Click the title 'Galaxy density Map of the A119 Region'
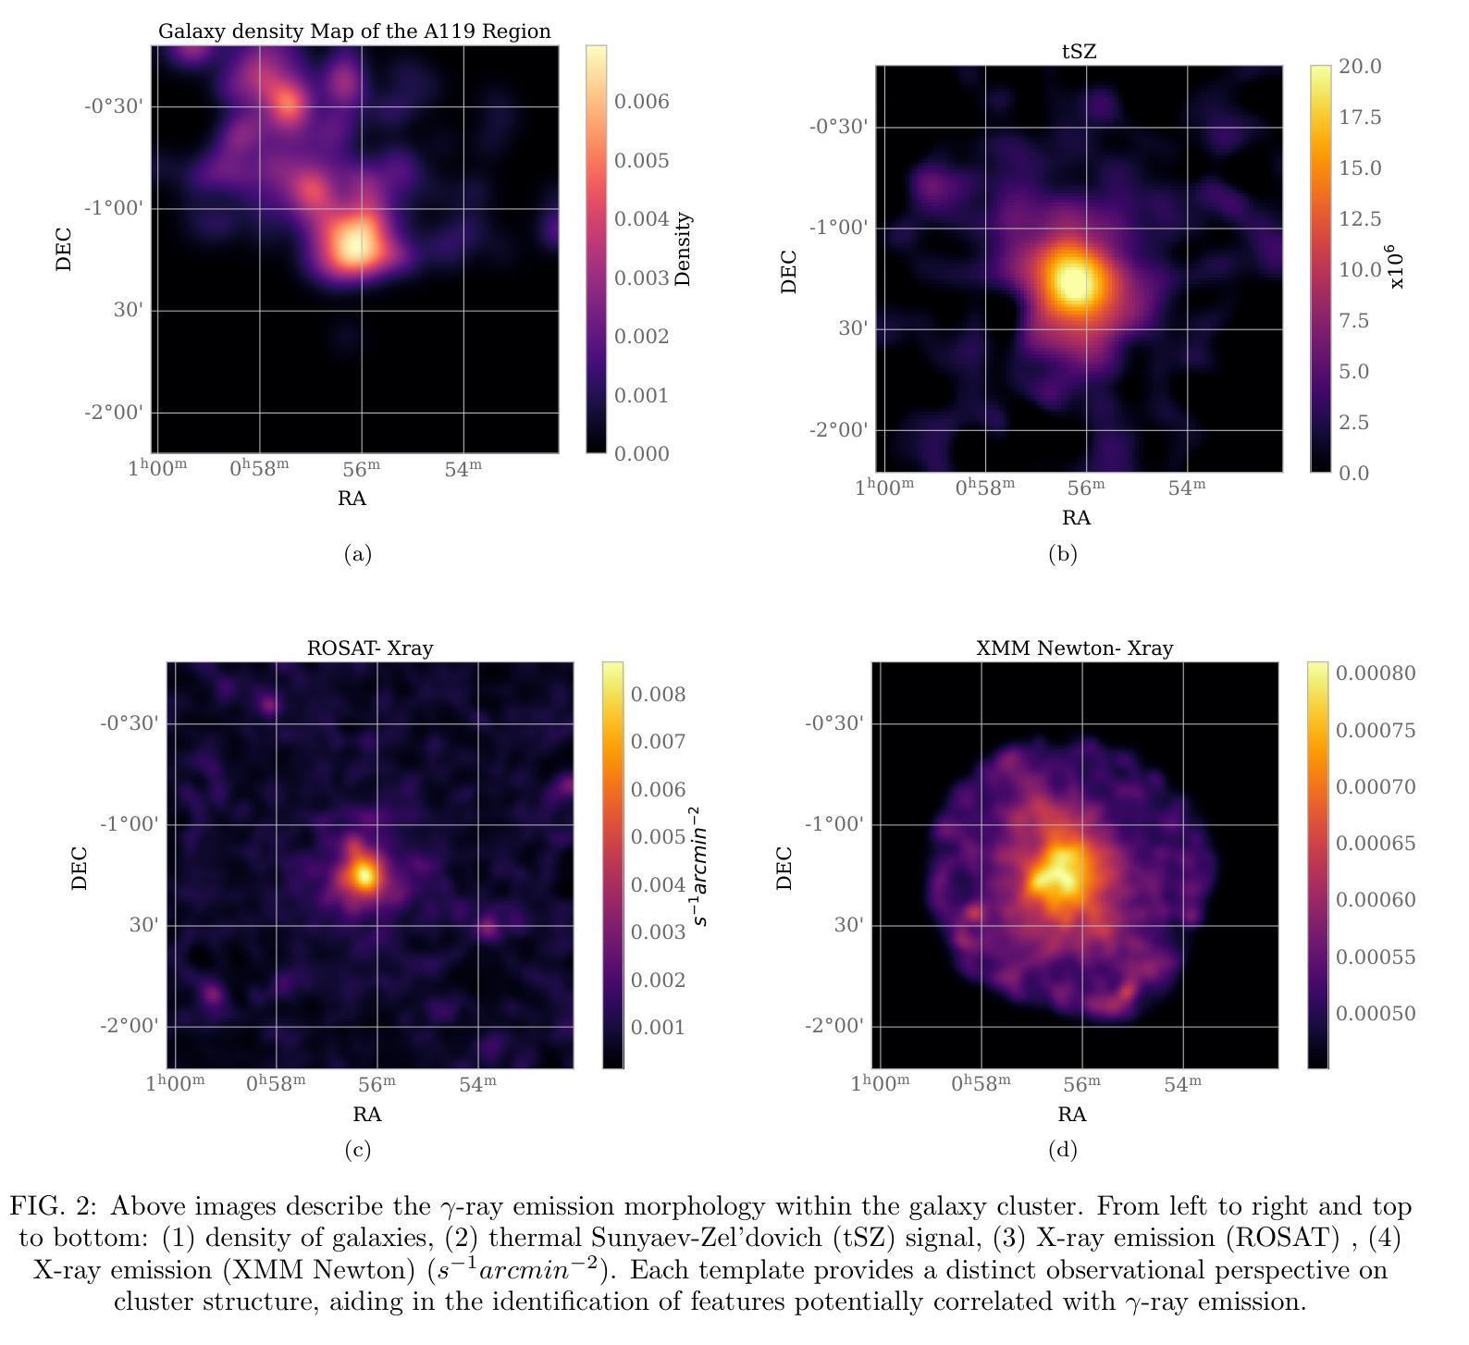[x=354, y=31]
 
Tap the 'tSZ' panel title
[x=1079, y=52]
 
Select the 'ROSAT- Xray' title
[x=369, y=648]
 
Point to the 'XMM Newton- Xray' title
[x=1074, y=648]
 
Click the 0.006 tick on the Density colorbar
[x=641, y=102]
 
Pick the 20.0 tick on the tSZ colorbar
[x=1359, y=67]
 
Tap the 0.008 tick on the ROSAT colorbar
[x=658, y=695]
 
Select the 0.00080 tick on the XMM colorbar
[x=1375, y=673]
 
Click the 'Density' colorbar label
[x=684, y=249]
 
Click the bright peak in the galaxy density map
[x=355, y=243]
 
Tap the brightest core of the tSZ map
[x=1073, y=279]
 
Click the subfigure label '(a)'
[x=357, y=554]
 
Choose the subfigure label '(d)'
[x=1062, y=1150]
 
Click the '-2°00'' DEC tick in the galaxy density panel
[x=114, y=413]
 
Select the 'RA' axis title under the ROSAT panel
[x=367, y=1115]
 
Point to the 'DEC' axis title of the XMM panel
[x=784, y=868]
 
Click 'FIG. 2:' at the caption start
[x=53, y=1206]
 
